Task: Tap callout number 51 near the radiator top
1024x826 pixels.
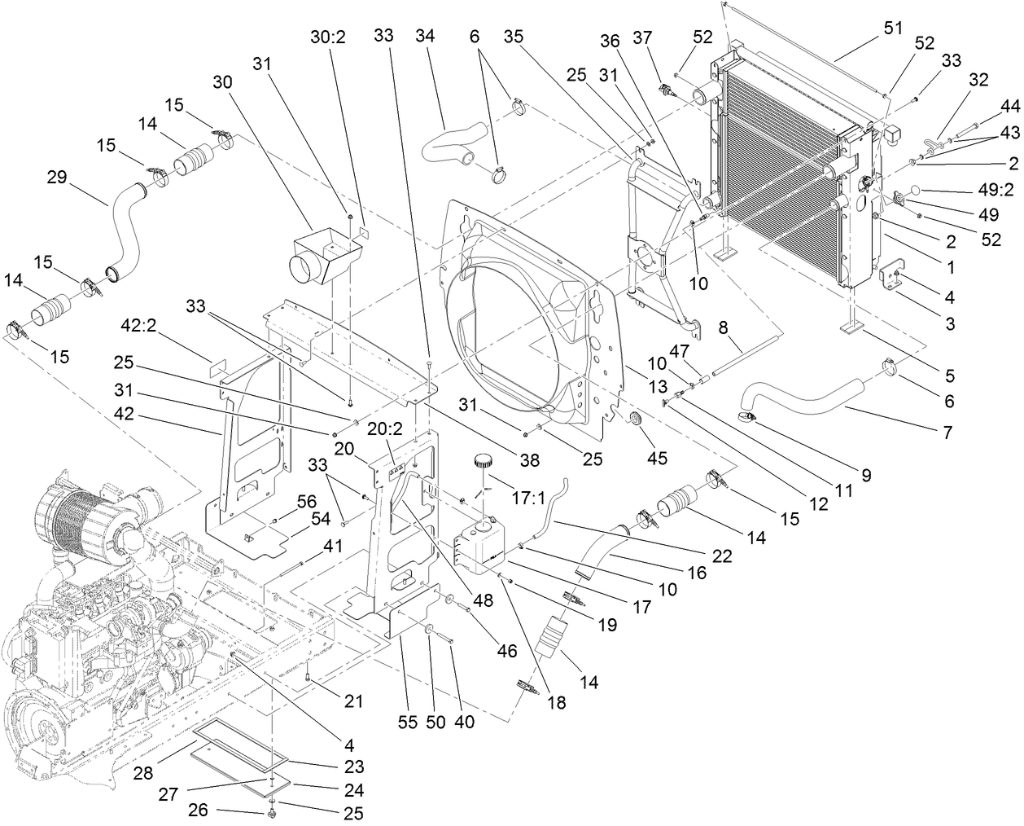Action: point(893,28)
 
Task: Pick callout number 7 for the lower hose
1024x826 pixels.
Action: point(947,433)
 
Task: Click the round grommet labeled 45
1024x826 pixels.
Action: point(635,419)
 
